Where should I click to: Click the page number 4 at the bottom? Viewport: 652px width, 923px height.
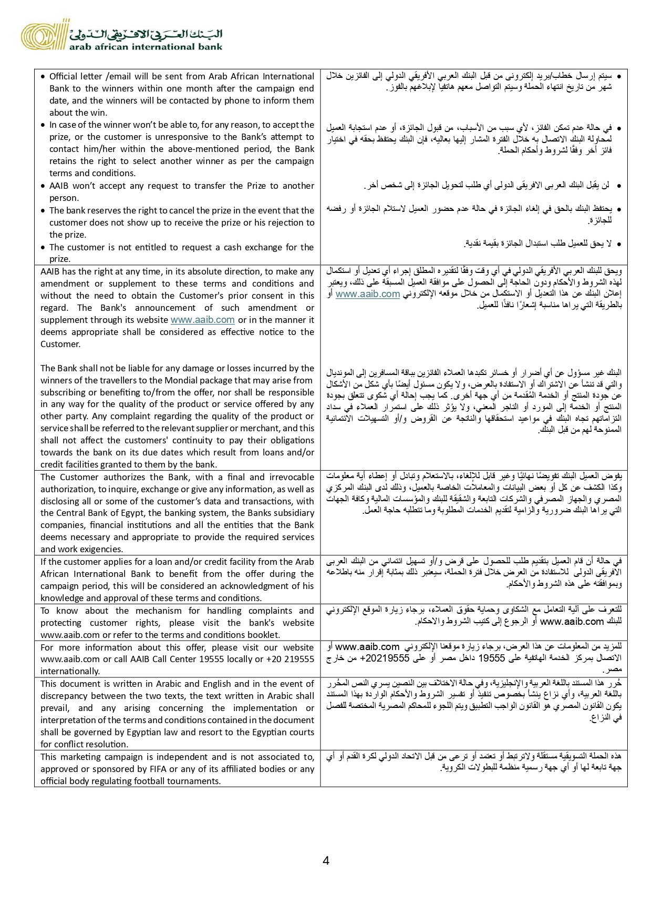coord(326,861)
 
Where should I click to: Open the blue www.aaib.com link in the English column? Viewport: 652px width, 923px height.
coord(202,320)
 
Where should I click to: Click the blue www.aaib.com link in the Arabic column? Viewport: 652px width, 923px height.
coord(368,294)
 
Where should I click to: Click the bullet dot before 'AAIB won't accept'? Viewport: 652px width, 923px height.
coord(43,186)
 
